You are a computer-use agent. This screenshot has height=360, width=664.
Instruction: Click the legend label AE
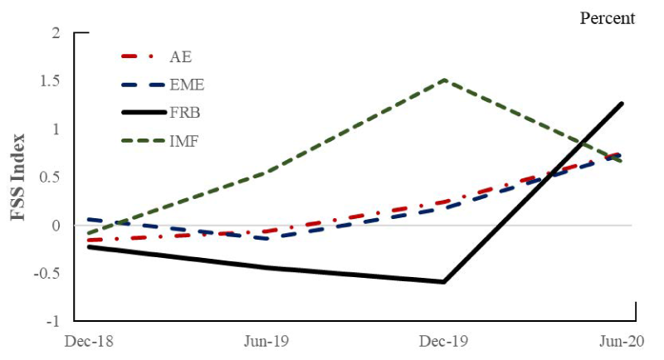point(181,57)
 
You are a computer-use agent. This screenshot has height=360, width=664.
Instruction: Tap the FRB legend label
point(186,113)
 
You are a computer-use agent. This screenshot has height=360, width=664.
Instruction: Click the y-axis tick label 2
point(56,33)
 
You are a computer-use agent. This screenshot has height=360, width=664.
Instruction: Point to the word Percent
point(607,17)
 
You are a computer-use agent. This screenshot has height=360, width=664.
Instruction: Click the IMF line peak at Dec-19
point(446,80)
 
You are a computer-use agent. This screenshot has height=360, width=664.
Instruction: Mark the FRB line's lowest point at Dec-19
point(445,282)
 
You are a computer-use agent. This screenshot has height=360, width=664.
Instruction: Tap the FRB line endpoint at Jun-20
point(622,104)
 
